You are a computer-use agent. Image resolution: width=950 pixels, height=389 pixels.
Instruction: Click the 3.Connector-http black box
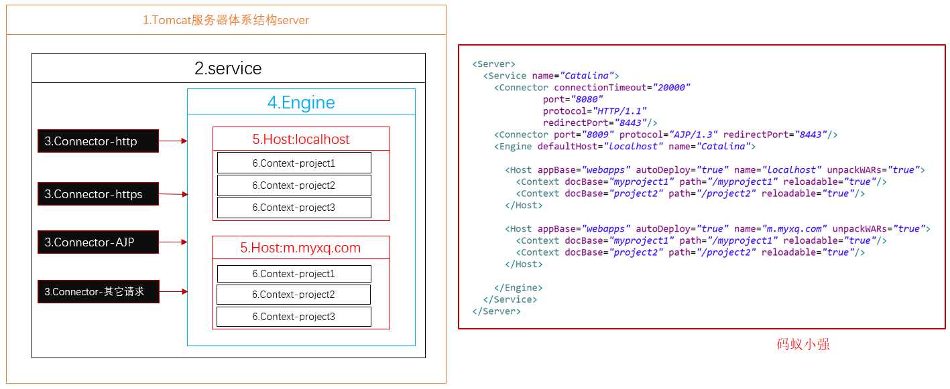click(x=98, y=141)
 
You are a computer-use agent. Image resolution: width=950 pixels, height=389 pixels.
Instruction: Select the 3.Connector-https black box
click(x=98, y=194)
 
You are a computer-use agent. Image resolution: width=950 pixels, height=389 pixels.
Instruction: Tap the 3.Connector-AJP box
click(x=98, y=242)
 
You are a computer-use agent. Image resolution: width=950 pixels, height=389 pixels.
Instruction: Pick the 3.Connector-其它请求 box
click(x=98, y=291)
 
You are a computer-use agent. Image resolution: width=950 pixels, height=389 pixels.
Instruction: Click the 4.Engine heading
click(x=301, y=102)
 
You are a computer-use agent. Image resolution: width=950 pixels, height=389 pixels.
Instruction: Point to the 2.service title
click(x=228, y=68)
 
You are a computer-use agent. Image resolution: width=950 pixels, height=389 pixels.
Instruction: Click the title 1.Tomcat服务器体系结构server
click(x=226, y=20)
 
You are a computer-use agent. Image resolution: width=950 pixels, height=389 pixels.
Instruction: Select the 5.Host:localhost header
click(x=301, y=139)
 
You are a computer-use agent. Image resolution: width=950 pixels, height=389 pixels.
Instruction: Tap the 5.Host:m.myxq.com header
click(x=300, y=248)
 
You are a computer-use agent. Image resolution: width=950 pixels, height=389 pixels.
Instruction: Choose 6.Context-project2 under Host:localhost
click(x=294, y=185)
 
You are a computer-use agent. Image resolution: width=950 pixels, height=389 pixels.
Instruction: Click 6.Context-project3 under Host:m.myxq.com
click(x=294, y=317)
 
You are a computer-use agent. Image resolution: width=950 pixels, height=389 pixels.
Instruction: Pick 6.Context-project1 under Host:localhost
click(x=294, y=163)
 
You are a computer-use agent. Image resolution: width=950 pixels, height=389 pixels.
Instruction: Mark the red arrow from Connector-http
click(x=173, y=141)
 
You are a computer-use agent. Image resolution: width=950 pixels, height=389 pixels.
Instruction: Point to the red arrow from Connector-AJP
click(x=173, y=242)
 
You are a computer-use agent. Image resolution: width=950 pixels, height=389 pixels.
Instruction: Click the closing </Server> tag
click(x=496, y=311)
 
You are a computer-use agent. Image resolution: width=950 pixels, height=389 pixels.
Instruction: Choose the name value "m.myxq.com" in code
click(x=794, y=229)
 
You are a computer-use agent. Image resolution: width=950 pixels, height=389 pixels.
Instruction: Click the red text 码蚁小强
click(x=803, y=345)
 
